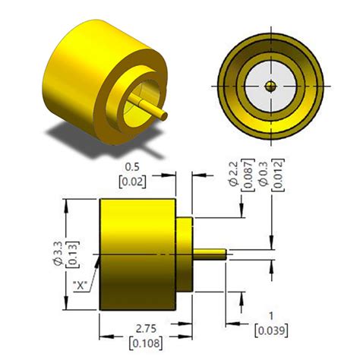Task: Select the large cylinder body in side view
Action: tap(137, 254)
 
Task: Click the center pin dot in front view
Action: tap(272, 85)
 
